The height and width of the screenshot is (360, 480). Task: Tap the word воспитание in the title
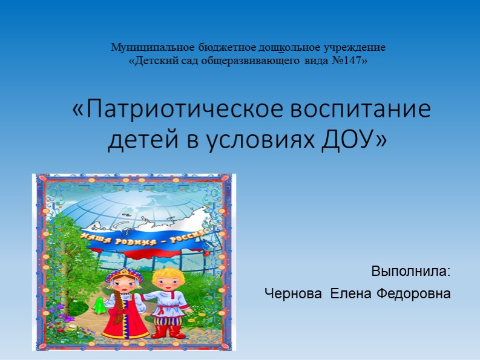pos(361,110)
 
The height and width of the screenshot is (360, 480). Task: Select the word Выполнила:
pos(411,271)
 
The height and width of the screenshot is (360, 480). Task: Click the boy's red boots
pos(168,331)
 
